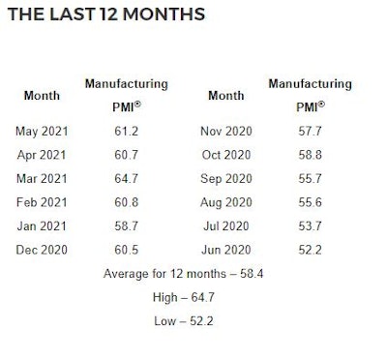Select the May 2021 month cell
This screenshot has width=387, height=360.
tap(40, 130)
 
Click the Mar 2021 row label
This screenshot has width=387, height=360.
tap(40, 177)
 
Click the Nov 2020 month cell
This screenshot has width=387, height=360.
tap(226, 130)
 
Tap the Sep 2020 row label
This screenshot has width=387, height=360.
tap(226, 177)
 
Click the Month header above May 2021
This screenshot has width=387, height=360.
tap(41, 96)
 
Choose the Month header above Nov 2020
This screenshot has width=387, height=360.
tap(225, 96)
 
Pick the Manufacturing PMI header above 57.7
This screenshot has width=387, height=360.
tap(311, 95)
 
